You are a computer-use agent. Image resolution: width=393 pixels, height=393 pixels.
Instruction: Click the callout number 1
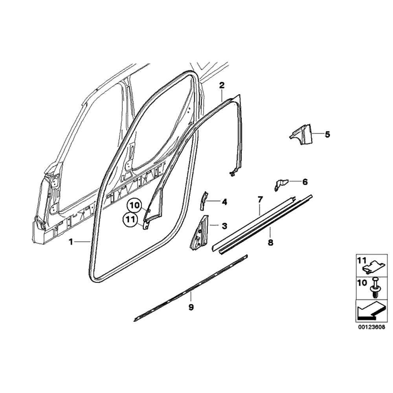(71, 242)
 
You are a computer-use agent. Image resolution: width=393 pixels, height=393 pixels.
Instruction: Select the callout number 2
(222, 85)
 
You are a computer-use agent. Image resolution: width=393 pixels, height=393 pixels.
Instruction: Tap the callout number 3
(224, 226)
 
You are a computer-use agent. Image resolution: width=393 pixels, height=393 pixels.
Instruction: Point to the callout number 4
(224, 202)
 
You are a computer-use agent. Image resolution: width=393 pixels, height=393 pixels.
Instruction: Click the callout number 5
(327, 134)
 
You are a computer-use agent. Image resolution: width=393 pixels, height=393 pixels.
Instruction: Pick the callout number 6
(305, 182)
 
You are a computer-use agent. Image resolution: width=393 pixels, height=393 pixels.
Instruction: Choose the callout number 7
(260, 200)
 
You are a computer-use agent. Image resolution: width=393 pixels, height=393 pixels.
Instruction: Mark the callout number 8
(271, 242)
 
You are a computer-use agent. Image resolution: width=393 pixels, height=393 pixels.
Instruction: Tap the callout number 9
(191, 307)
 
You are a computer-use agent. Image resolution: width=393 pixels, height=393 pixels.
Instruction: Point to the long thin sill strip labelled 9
(191, 288)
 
